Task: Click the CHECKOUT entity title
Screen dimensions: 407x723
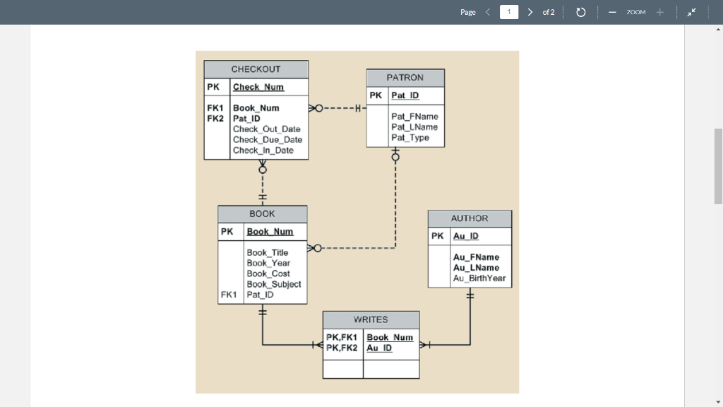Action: (x=256, y=69)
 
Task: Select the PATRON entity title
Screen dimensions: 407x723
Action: (x=405, y=77)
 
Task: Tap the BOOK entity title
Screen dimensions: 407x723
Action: (x=262, y=213)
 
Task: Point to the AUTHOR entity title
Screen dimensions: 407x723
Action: (x=470, y=218)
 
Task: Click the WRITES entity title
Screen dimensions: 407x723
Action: (x=371, y=319)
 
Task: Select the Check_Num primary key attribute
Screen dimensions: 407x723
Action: (x=258, y=87)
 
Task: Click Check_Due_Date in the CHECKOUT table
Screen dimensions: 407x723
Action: (x=268, y=140)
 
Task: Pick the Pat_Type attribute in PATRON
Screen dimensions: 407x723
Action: (x=410, y=138)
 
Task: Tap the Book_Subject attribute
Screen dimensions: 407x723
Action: (x=273, y=284)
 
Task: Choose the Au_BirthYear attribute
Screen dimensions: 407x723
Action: (x=479, y=278)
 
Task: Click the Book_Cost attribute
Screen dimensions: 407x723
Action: (x=268, y=273)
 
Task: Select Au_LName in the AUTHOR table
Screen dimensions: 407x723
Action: (x=476, y=268)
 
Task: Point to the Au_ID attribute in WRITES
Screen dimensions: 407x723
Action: (x=379, y=348)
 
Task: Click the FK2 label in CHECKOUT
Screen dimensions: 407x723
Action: (x=215, y=119)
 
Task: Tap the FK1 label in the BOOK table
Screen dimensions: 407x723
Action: (x=229, y=295)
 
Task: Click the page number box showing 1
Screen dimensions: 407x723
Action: (x=508, y=12)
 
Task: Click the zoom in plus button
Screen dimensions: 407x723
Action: (x=660, y=12)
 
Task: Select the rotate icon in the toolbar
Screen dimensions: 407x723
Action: (x=580, y=12)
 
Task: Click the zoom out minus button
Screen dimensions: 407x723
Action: (x=612, y=12)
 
